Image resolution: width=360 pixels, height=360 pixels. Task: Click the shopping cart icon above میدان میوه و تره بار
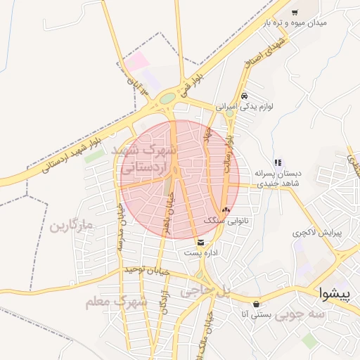point(294,12)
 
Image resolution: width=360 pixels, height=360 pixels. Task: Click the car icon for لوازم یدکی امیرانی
point(243,96)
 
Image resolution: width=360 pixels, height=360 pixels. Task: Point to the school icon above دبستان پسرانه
point(278,162)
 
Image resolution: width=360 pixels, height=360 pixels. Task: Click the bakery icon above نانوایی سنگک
point(226,210)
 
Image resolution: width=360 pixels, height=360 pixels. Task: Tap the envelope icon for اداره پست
point(201,243)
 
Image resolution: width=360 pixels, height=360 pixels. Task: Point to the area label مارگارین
point(72,226)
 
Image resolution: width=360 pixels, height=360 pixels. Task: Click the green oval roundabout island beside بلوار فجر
point(167,99)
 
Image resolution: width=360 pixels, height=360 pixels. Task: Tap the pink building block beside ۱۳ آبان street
point(137,62)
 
